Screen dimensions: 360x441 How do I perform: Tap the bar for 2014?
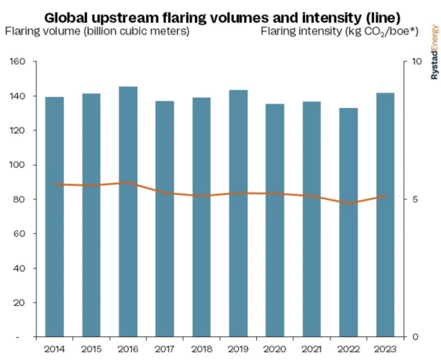(54, 216)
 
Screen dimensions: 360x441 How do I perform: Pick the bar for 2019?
(238, 213)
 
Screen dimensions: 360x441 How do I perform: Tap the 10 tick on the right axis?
(416, 62)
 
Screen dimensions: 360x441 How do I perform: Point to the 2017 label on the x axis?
(165, 350)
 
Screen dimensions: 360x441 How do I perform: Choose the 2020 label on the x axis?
(276, 350)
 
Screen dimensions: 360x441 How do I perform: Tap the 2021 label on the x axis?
(312, 350)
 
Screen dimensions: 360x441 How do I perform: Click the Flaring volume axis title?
(97, 31)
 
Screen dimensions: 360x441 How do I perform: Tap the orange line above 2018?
(201, 195)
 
